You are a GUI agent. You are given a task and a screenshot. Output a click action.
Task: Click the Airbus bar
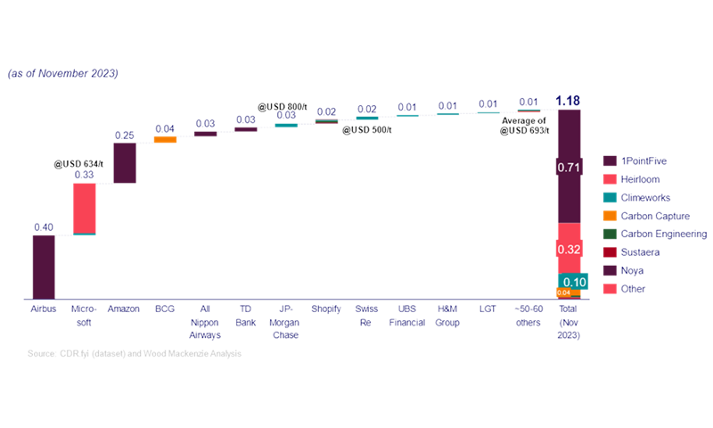[44, 267]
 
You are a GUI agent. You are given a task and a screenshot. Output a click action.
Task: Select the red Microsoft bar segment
[84, 207]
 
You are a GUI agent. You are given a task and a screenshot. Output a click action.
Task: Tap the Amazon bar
[125, 163]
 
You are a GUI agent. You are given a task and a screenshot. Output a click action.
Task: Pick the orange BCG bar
[165, 139]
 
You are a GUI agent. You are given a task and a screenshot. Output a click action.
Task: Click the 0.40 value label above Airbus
[44, 227]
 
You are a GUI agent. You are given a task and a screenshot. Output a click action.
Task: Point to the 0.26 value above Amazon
[125, 135]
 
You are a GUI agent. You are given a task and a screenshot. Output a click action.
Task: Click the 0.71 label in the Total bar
[569, 167]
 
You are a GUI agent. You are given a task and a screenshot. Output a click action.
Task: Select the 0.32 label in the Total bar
[569, 251]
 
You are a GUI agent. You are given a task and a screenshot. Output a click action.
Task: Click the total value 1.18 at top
[568, 100]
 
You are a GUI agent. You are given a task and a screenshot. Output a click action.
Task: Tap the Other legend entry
[635, 289]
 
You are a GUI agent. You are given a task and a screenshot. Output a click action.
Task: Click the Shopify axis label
[326, 309]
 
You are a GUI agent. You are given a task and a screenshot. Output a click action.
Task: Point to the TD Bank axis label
[245, 316]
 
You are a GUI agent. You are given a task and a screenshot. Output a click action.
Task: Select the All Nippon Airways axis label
[205, 322]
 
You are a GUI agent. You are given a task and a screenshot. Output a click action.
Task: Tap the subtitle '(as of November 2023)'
[62, 73]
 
